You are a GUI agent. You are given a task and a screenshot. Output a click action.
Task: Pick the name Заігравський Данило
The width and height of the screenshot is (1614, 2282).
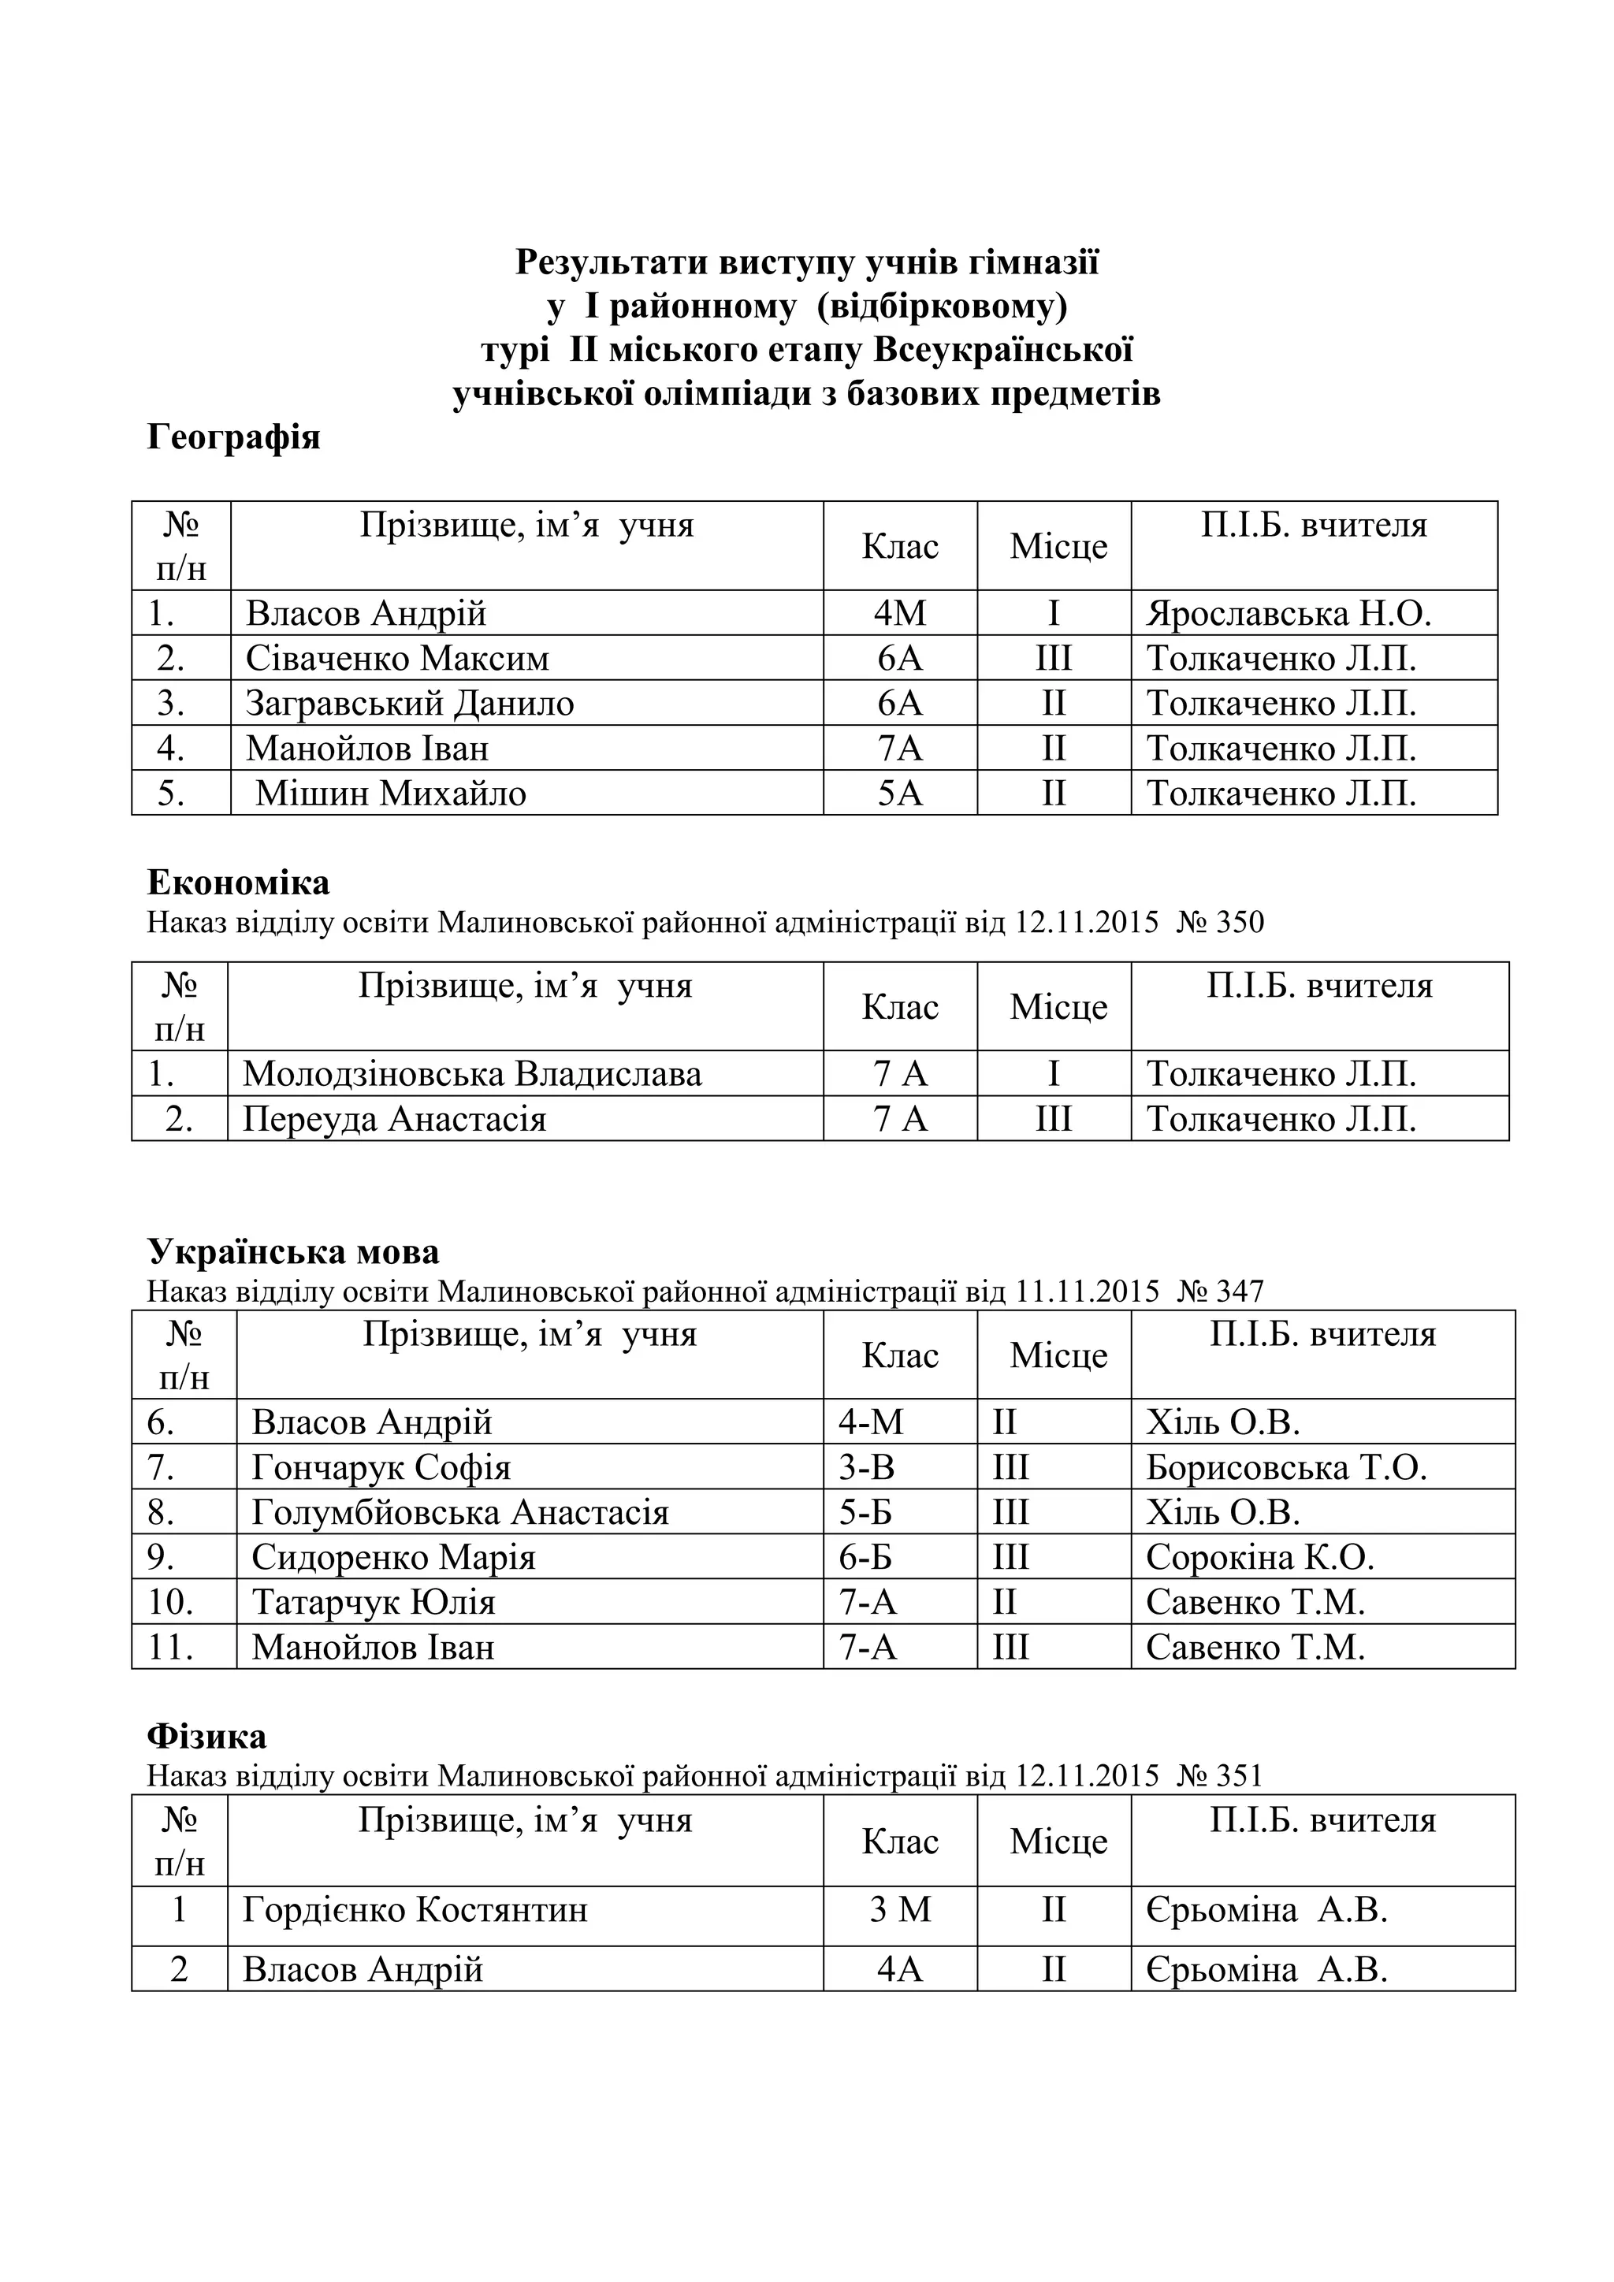410,703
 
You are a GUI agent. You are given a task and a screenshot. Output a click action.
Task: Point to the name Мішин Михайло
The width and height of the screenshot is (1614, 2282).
391,793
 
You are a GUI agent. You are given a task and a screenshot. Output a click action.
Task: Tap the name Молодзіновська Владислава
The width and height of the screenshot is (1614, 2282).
472,1073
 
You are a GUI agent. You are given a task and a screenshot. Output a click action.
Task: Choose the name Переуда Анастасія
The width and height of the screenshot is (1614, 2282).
395,1119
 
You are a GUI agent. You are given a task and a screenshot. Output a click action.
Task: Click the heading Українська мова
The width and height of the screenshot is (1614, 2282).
293,1251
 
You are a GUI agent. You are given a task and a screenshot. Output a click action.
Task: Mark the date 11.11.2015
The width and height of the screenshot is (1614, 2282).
1088,1291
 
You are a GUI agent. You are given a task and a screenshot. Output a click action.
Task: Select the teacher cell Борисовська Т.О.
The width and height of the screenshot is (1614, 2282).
1286,1467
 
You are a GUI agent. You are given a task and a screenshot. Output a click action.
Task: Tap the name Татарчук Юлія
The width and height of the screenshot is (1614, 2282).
373,1601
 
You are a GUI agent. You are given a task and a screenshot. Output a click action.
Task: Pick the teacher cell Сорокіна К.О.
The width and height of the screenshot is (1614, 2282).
1259,1556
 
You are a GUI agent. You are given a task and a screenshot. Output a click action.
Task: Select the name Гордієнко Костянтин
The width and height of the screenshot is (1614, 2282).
415,1909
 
